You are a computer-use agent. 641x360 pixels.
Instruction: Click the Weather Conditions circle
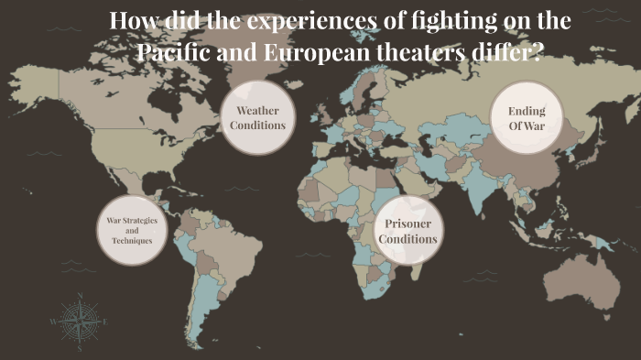click(x=258, y=118)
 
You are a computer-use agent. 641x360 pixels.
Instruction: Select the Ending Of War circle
click(x=527, y=118)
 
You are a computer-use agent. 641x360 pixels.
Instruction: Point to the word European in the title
click(x=309, y=51)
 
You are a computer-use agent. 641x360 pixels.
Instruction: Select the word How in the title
click(x=131, y=20)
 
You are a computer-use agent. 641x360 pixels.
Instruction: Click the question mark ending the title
click(x=535, y=51)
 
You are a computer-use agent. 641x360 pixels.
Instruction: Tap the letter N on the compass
click(x=80, y=296)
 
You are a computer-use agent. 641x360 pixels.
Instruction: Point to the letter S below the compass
click(x=80, y=348)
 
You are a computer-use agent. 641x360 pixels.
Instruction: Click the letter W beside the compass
click(x=53, y=322)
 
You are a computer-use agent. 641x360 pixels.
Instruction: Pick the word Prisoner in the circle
click(x=407, y=224)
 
